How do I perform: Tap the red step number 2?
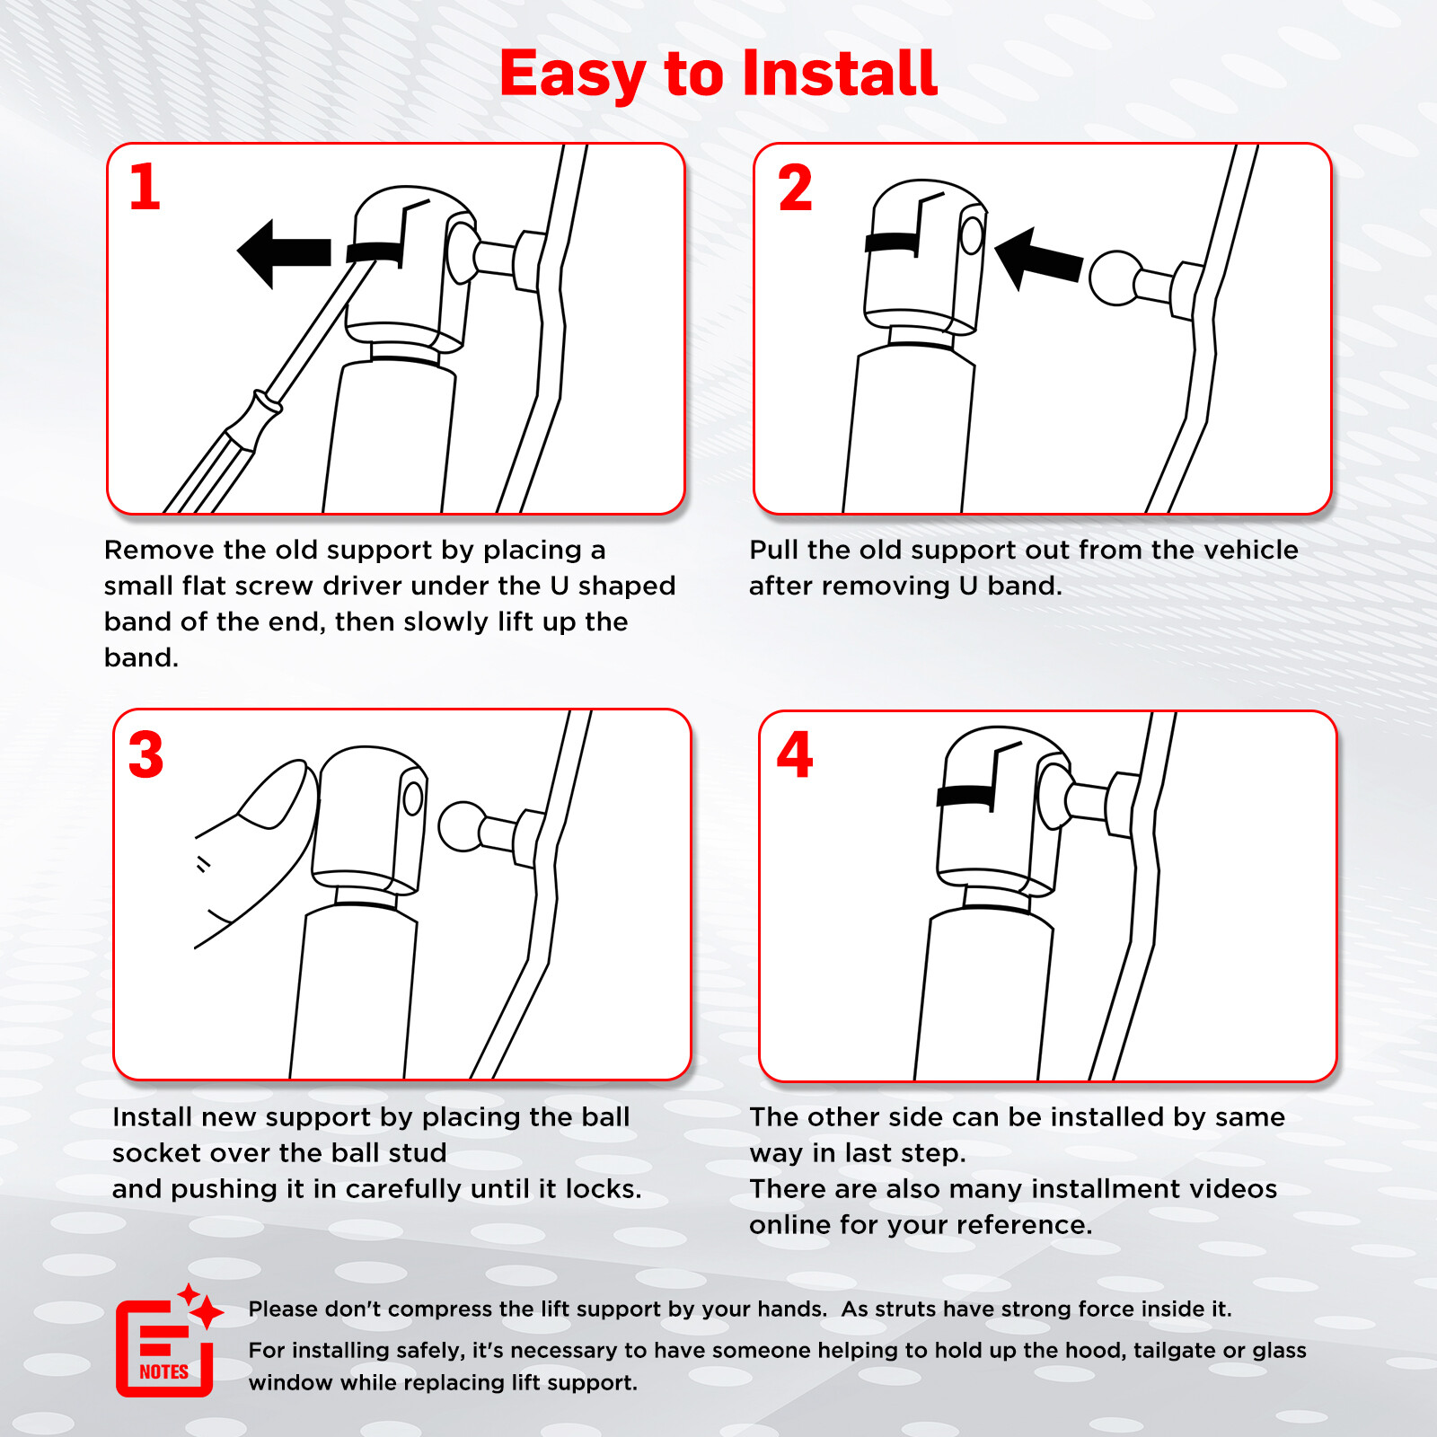[795, 188]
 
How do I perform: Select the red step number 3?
[145, 754]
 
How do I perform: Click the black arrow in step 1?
[284, 253]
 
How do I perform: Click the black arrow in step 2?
[1038, 258]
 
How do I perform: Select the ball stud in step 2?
[1115, 278]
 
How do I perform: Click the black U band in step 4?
[966, 796]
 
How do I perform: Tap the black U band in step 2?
[893, 242]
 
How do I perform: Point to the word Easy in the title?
[572, 75]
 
